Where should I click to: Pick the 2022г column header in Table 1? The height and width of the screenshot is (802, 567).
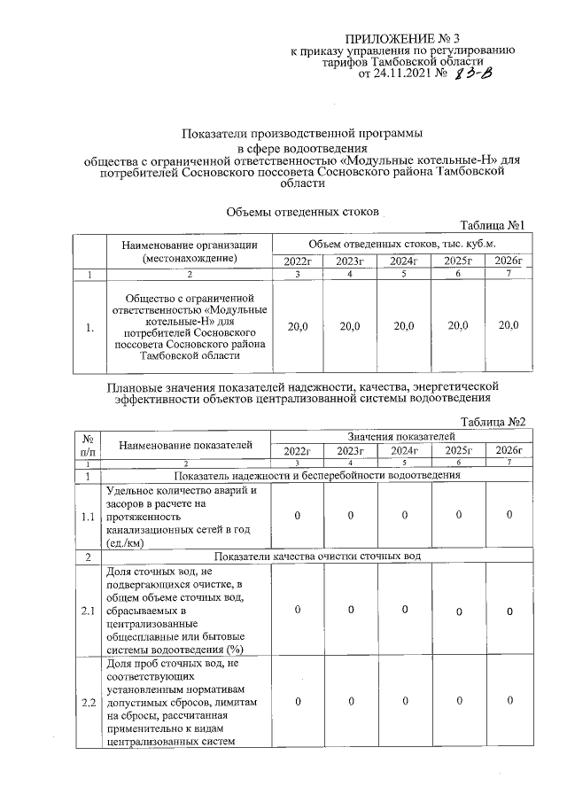299,261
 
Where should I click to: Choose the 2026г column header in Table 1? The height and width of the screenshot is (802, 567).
508,261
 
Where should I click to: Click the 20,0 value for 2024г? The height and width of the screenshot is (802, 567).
404,327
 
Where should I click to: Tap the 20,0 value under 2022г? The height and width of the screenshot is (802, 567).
299,327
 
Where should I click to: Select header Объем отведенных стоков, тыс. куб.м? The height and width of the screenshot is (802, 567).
402,244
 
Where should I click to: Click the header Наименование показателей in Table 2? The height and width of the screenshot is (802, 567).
187,443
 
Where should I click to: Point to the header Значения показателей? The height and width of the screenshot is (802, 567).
402,436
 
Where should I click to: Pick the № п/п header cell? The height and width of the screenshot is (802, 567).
89,444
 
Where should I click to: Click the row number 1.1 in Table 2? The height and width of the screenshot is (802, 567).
89,516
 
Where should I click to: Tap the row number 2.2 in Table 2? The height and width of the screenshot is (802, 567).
89,703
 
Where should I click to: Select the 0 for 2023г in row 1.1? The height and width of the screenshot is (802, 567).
351,516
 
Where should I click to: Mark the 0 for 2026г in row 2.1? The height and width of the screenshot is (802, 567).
509,611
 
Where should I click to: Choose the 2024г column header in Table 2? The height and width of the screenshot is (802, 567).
404,451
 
